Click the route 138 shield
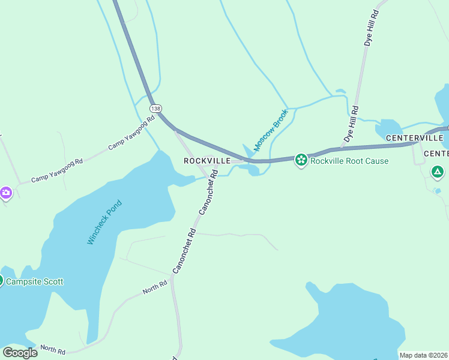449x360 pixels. (x=155, y=109)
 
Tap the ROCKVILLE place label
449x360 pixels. (x=207, y=161)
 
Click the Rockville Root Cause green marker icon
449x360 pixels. (x=301, y=160)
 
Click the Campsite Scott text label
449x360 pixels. (x=35, y=281)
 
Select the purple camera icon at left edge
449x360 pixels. (x=6, y=193)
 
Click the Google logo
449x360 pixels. (x=19, y=353)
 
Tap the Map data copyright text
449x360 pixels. (x=424, y=355)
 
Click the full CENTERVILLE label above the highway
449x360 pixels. (x=414, y=138)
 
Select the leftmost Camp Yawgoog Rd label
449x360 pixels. (x=57, y=171)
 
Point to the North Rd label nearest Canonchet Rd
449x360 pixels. (x=155, y=290)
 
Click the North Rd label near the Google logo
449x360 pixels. (x=52, y=349)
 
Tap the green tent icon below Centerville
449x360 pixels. (x=437, y=172)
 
